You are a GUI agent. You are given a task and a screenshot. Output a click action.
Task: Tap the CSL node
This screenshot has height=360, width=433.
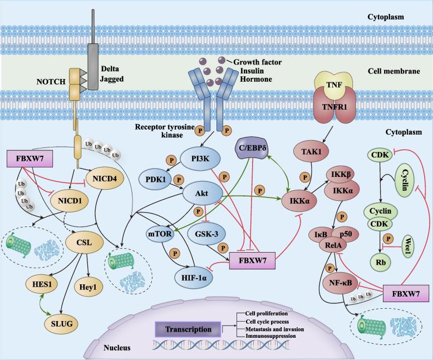coord(83,243)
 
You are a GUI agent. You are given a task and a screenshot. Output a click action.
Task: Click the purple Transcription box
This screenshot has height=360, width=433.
coord(183,329)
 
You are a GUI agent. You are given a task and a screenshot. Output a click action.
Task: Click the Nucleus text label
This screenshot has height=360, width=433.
coord(116,348)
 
